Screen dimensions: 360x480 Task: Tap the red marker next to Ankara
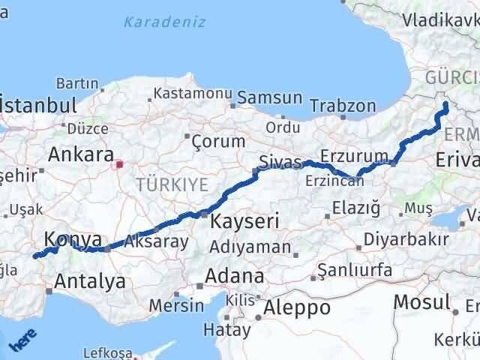click(x=118, y=160)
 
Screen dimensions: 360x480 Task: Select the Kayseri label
click(x=244, y=221)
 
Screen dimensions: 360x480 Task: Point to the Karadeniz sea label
click(x=164, y=22)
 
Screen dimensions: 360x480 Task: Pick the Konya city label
click(x=73, y=239)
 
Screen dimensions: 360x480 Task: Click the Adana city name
click(x=235, y=275)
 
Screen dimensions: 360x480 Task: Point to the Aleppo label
click(x=297, y=307)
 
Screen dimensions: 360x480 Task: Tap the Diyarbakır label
click(x=406, y=240)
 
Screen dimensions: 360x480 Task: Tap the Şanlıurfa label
click(x=355, y=268)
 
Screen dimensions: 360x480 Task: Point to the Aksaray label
click(x=156, y=242)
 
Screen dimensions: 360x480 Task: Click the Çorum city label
click(x=218, y=141)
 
